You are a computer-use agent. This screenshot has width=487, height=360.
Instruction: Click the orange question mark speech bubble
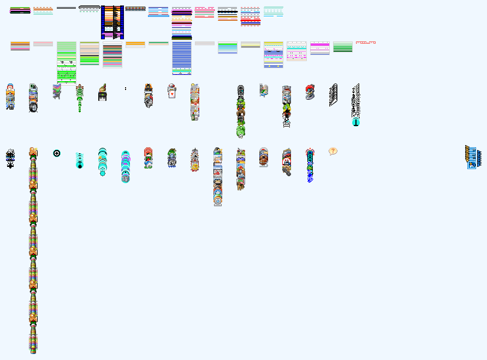click(x=333, y=151)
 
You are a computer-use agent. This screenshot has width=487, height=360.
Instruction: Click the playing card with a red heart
click(x=171, y=93)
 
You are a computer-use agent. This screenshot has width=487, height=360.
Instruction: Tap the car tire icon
click(x=33, y=107)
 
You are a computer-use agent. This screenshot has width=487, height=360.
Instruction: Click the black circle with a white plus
click(x=57, y=153)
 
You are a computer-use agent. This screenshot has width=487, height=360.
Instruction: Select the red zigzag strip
click(x=365, y=42)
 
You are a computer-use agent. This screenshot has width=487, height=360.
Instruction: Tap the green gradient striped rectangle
click(x=342, y=47)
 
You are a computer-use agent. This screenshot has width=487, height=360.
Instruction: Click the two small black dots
click(x=126, y=88)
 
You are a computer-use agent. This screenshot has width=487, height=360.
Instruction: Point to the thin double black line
click(x=66, y=8)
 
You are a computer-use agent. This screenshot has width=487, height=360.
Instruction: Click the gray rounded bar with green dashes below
click(x=89, y=9)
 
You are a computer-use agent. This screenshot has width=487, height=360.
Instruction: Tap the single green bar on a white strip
click(x=158, y=43)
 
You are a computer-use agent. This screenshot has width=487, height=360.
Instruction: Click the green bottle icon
click(x=194, y=115)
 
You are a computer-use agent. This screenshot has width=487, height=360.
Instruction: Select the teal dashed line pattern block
click(x=273, y=11)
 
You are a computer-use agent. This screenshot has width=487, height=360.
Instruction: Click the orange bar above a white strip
click(x=135, y=44)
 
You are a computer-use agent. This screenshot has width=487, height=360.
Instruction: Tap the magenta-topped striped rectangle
click(x=319, y=48)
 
